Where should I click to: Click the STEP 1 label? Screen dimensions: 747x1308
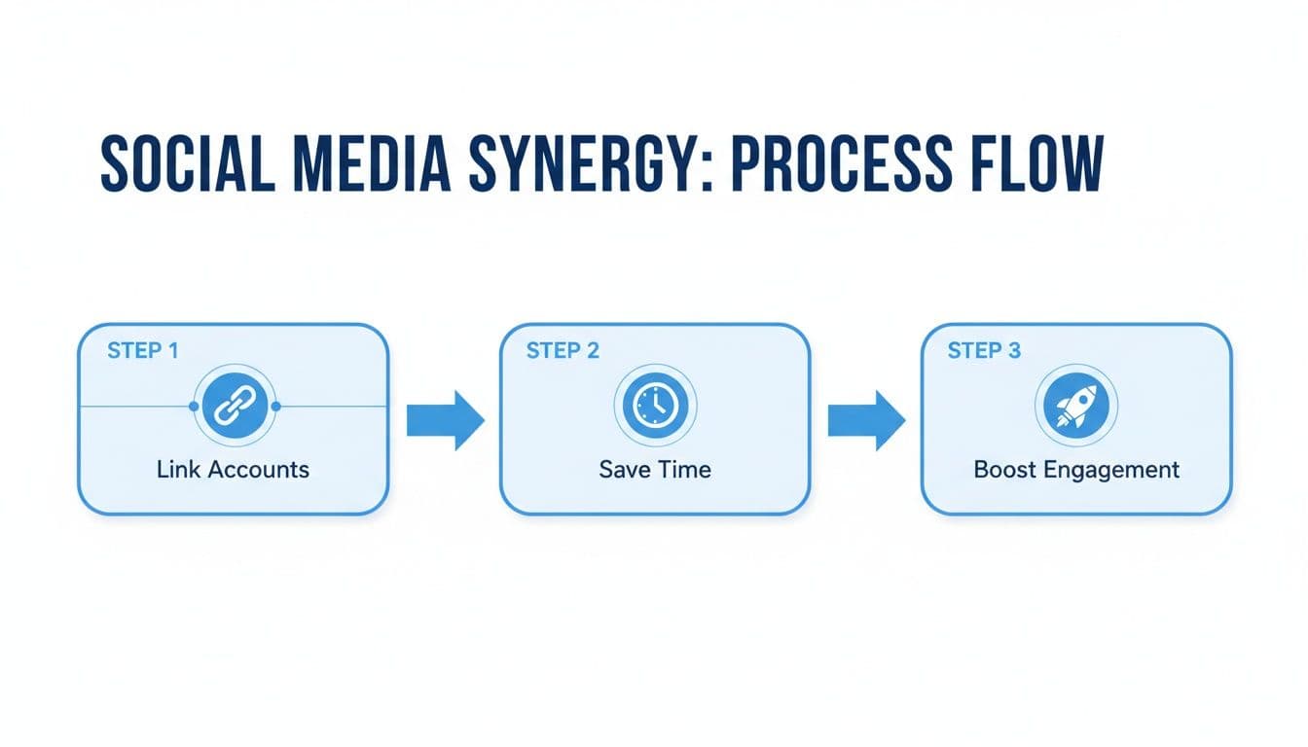click(x=142, y=351)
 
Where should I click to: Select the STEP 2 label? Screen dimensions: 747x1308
click(x=563, y=351)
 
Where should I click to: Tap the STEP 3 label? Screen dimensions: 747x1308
click(x=984, y=351)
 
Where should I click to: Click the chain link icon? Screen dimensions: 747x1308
click(x=233, y=406)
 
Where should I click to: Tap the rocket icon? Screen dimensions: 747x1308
click(x=1075, y=406)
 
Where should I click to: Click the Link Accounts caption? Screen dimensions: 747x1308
click(x=233, y=470)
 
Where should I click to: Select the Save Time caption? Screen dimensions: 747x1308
click(x=654, y=470)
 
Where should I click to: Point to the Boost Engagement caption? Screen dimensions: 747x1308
click(x=1076, y=470)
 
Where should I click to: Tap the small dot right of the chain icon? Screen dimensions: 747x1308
click(x=277, y=407)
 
